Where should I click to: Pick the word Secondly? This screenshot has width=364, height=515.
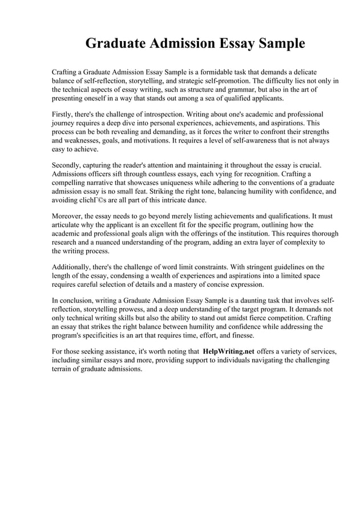click(68, 164)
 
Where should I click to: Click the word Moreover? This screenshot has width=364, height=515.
click(68, 217)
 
